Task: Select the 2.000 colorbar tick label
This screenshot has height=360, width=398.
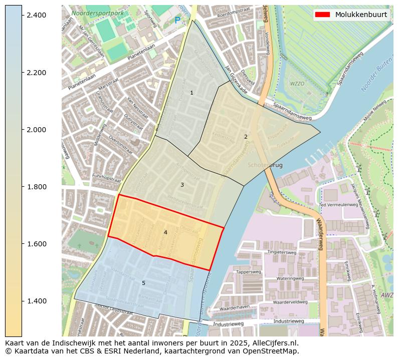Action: coord(36,130)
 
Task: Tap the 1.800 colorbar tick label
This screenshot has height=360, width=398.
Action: coord(36,187)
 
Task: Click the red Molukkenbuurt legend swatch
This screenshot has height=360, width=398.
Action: coord(322,15)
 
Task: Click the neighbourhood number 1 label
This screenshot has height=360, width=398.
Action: coord(191,93)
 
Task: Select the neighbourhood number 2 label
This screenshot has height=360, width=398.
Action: coord(246,137)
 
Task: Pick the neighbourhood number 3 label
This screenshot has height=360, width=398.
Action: coord(182,185)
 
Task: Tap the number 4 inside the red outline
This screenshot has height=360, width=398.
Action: coord(165,232)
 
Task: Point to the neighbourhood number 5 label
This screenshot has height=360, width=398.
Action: coord(143,283)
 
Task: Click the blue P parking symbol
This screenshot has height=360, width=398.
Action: coord(177,21)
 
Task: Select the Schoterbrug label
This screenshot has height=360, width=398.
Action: coord(265,165)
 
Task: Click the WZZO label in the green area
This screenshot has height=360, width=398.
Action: coord(297,84)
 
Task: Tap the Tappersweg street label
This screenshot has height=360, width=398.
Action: coord(249,272)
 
